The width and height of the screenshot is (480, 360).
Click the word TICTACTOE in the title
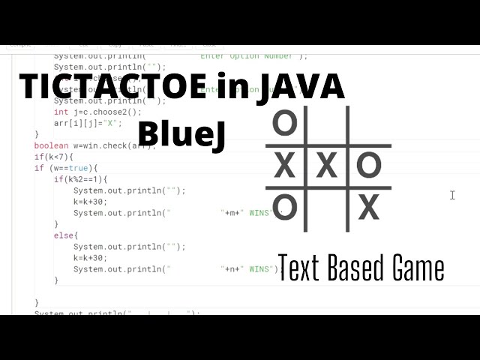(112, 88)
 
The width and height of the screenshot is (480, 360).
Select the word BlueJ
(181, 134)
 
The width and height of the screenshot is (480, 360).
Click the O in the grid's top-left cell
(284, 122)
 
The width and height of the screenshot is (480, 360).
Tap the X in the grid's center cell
(326, 165)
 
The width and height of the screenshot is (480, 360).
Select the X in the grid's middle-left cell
(284, 165)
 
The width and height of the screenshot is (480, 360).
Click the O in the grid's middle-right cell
(368, 165)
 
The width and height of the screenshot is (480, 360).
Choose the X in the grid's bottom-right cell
(368, 207)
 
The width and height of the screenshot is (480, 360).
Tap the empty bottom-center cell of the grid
(326, 207)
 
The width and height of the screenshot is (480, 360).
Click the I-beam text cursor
(452, 195)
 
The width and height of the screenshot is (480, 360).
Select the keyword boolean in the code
(50, 145)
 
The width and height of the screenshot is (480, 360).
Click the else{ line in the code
(65, 235)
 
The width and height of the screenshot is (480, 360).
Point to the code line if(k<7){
(54, 157)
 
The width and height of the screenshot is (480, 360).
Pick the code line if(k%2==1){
(81, 179)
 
